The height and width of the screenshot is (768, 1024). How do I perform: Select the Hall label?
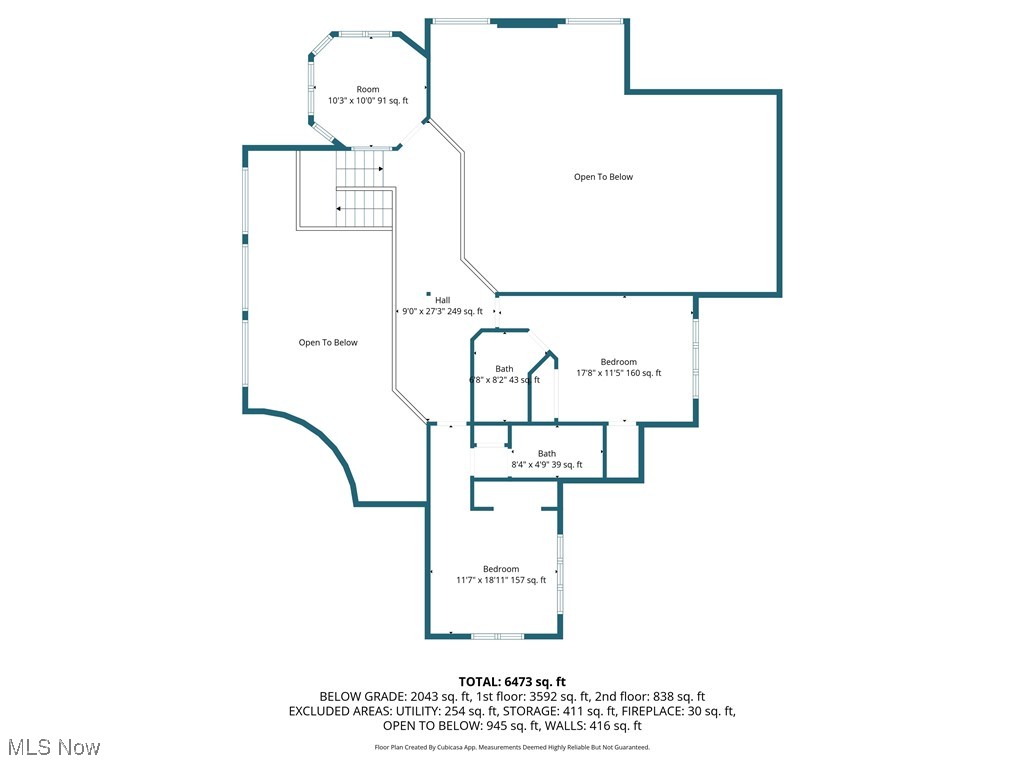click(x=442, y=300)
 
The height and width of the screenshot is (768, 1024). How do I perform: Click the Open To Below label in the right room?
click(x=603, y=177)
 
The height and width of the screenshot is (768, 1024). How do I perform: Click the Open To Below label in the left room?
click(x=328, y=343)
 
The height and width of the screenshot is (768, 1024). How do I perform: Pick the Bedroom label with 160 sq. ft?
click(x=618, y=362)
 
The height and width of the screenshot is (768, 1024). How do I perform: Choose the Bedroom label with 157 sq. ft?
click(x=501, y=569)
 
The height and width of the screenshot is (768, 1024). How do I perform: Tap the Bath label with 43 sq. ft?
click(x=504, y=369)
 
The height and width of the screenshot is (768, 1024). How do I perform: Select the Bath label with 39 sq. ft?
click(x=547, y=454)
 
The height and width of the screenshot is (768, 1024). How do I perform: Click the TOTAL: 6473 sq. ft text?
click(x=512, y=681)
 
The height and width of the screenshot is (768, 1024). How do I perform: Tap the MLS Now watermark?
click(x=54, y=747)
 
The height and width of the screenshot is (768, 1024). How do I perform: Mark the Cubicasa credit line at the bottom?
click(x=512, y=747)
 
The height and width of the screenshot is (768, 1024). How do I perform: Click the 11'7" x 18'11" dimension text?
click(x=483, y=580)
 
